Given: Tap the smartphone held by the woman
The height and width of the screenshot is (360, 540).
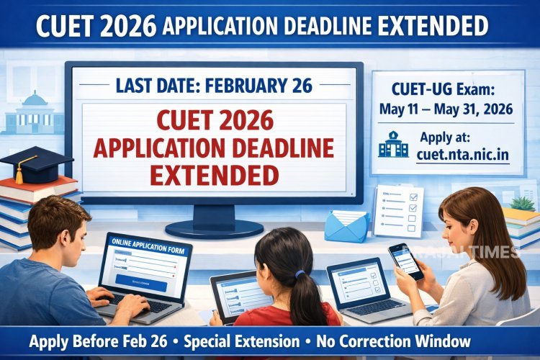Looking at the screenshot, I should click(x=405, y=261).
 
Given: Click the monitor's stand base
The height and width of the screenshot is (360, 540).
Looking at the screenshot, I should click(x=214, y=229).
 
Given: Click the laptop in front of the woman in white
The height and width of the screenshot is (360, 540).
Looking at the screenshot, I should click(x=357, y=284).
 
